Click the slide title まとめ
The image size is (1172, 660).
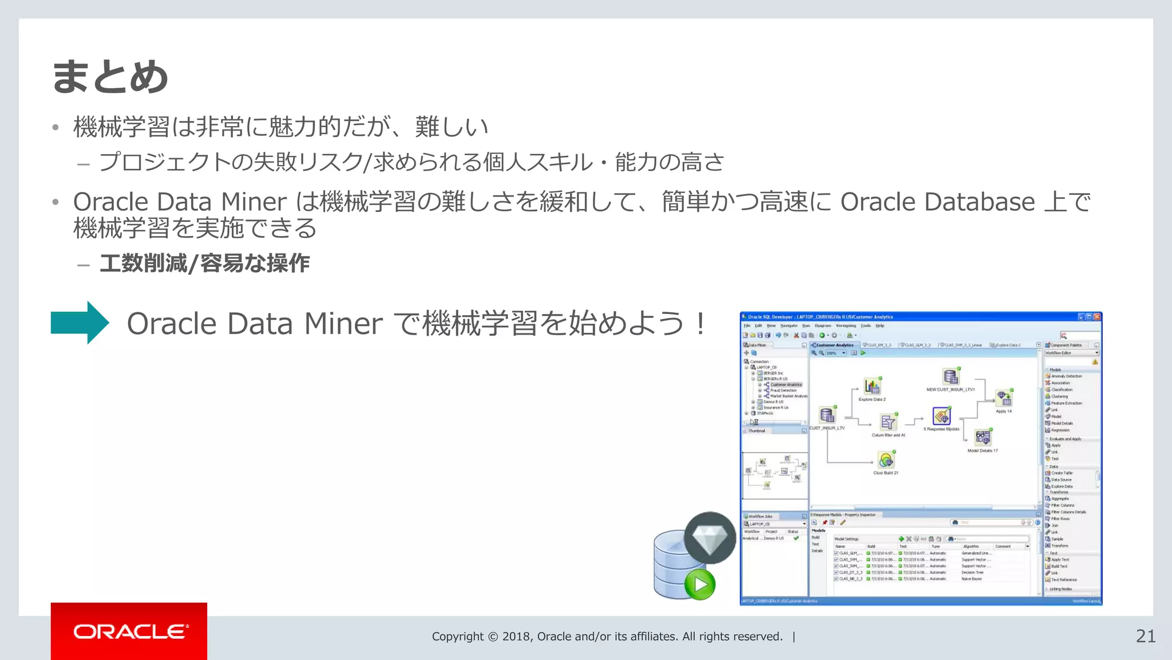[x=110, y=77]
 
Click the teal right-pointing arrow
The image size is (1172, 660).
[x=80, y=323]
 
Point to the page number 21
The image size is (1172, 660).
[x=1145, y=636]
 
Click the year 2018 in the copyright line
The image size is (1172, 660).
[x=517, y=637]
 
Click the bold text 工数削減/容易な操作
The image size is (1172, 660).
[x=204, y=264]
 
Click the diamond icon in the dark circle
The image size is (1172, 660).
[x=710, y=538]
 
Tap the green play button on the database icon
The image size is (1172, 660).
[x=700, y=584]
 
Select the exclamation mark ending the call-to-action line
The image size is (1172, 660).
[x=700, y=324]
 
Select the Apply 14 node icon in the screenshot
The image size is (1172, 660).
[x=1004, y=398]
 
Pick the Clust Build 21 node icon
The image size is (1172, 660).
[x=886, y=460]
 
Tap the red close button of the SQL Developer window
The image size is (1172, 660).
[x=1097, y=316]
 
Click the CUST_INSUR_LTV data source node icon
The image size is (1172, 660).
[x=827, y=415]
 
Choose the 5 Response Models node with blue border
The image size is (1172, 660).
[x=941, y=416]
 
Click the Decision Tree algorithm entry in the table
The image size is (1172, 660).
[x=972, y=572]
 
